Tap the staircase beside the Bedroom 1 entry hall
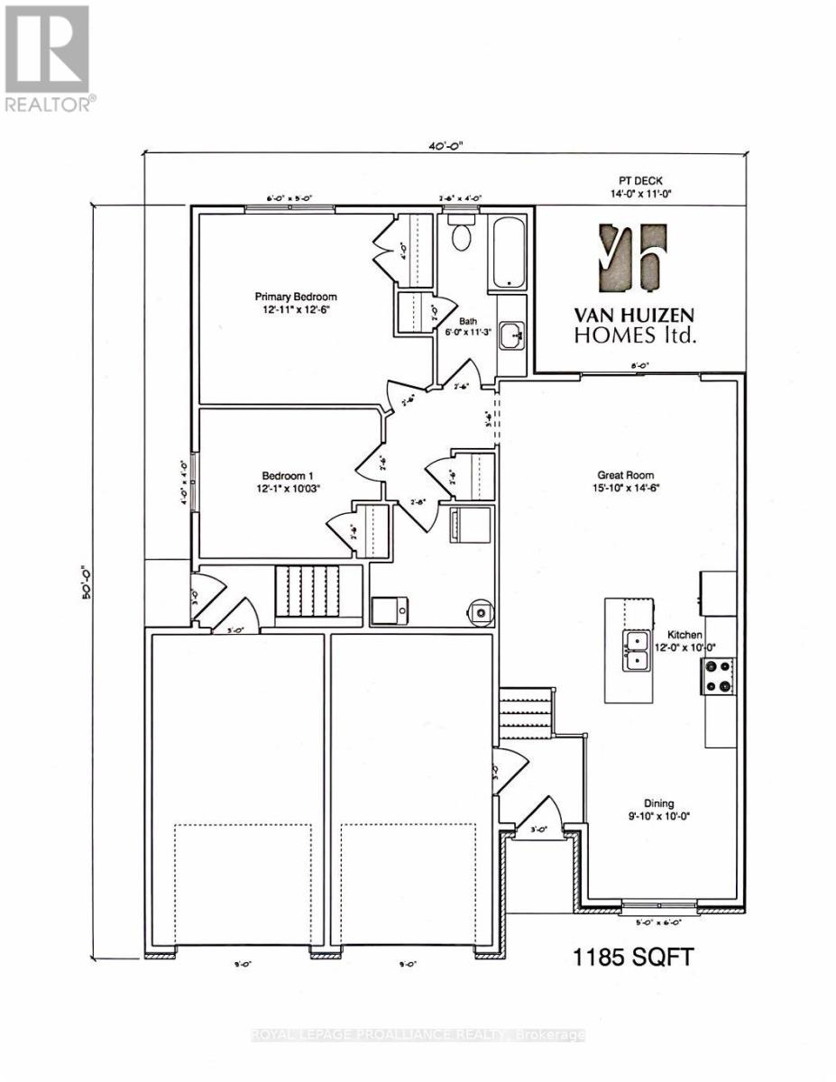(x=308, y=591)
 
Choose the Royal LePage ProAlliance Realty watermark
(x=418, y=1035)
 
